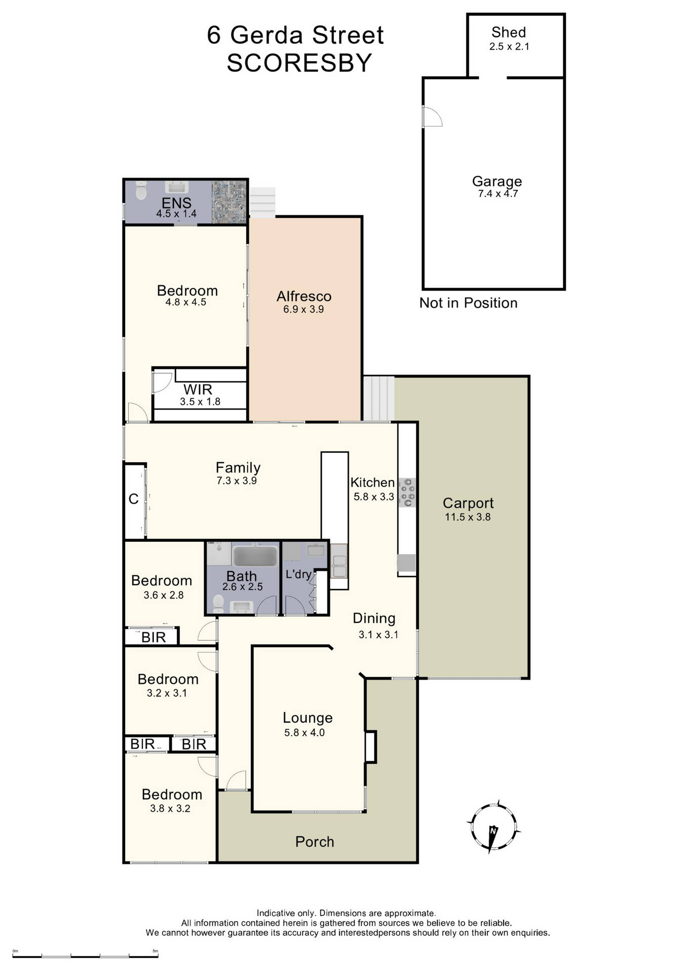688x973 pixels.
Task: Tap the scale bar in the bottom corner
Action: coord(85,956)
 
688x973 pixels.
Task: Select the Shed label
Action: coord(509,32)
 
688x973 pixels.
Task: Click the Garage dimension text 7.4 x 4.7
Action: coord(498,194)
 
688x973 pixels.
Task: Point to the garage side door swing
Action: coord(432,117)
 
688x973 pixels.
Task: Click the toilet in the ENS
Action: coord(141,191)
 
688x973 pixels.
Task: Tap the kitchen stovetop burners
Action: coord(407,492)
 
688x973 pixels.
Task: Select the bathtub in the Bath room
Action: coord(255,556)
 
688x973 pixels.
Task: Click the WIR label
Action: coord(198,390)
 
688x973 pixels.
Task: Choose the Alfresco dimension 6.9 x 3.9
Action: coord(303,309)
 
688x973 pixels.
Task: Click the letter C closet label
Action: coord(134,499)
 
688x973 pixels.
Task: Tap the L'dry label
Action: coord(298,574)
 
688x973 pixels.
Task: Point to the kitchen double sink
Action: coord(339,566)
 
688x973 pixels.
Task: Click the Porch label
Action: coord(315,842)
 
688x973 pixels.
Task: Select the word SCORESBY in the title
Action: coord(299,63)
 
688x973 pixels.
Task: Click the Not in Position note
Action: coord(468,303)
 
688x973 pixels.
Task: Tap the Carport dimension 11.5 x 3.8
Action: coord(468,517)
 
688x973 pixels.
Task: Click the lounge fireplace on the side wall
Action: coord(371,746)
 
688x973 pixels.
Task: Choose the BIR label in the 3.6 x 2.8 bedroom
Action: coord(153,637)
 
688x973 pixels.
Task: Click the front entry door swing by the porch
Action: coord(236,781)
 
